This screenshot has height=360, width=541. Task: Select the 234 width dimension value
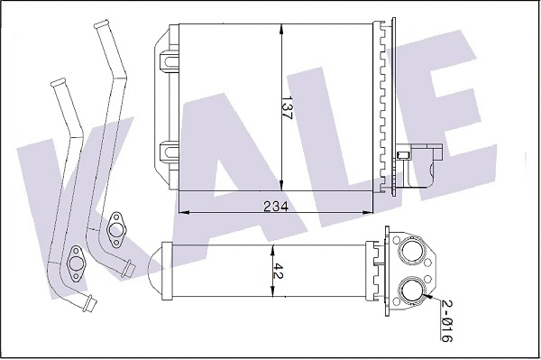(x=276, y=206)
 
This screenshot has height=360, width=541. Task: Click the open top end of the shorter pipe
(x=59, y=83)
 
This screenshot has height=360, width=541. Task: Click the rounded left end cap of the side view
(x=163, y=271)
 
